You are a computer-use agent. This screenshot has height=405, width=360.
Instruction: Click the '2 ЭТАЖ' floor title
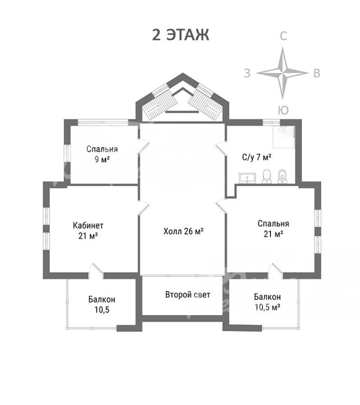click(x=180, y=35)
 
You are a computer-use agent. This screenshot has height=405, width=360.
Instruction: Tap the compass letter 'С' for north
click(x=283, y=36)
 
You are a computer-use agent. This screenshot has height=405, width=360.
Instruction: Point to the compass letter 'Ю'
click(x=283, y=110)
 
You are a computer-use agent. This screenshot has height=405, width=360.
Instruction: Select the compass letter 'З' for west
click(x=247, y=73)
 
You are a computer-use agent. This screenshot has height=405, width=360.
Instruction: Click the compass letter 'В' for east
click(x=317, y=73)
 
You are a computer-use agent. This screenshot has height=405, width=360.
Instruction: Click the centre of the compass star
click(x=283, y=73)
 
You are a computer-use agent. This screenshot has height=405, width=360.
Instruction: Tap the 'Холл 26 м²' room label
click(x=183, y=231)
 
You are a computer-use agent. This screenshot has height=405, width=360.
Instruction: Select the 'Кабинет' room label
click(x=88, y=225)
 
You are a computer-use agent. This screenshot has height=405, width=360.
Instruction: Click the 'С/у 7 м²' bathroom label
click(x=257, y=157)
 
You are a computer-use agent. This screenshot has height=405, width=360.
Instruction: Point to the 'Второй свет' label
click(x=188, y=295)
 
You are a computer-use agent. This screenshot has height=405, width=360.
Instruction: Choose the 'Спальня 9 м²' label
click(x=102, y=154)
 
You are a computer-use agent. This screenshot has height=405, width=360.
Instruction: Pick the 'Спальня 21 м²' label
click(x=273, y=229)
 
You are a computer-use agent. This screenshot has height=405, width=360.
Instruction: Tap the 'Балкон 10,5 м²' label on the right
click(x=268, y=302)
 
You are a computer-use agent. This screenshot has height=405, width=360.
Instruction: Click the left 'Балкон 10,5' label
click(x=102, y=304)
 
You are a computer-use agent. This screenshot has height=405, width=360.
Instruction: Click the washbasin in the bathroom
click(x=247, y=178)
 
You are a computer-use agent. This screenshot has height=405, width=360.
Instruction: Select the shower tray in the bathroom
click(x=284, y=137)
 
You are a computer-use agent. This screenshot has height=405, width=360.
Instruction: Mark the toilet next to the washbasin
click(x=267, y=177)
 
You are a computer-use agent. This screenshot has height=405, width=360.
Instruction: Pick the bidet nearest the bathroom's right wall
click(x=282, y=177)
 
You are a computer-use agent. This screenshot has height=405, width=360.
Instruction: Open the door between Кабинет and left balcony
click(x=96, y=271)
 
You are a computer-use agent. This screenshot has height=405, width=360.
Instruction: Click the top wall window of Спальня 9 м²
click(x=103, y=122)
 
